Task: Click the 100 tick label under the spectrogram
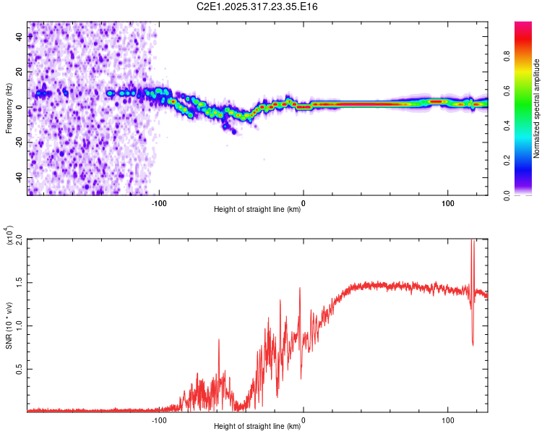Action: click(447, 202)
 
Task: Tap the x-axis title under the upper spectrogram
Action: click(257, 210)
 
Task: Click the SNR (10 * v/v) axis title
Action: click(9, 325)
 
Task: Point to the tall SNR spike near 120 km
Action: click(473, 250)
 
